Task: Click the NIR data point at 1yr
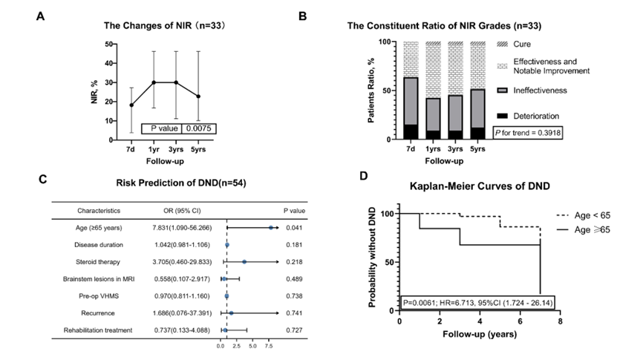154,82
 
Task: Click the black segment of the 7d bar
410,131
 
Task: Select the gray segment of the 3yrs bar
456,113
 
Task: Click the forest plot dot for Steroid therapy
244,261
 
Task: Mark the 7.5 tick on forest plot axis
268,346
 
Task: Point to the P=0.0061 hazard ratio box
475,303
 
